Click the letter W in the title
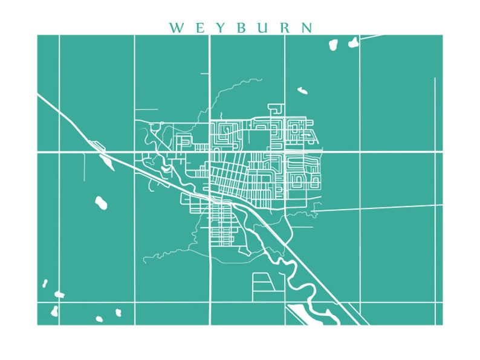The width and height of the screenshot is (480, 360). pyautogui.click(x=176, y=28)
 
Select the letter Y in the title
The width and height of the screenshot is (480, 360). pyautogui.click(x=219, y=28)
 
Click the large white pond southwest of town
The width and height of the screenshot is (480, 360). pyautogui.click(x=101, y=202)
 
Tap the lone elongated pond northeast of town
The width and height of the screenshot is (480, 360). pyautogui.click(x=302, y=91)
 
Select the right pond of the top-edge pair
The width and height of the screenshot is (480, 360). pyautogui.click(x=353, y=42)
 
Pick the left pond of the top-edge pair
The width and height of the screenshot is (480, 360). pyautogui.click(x=332, y=44)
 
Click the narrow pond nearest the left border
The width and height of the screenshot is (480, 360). pyautogui.click(x=44, y=283)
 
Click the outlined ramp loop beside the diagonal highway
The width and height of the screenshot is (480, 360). pyautogui.click(x=95, y=144)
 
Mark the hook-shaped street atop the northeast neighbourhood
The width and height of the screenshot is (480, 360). pyautogui.click(x=277, y=109)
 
